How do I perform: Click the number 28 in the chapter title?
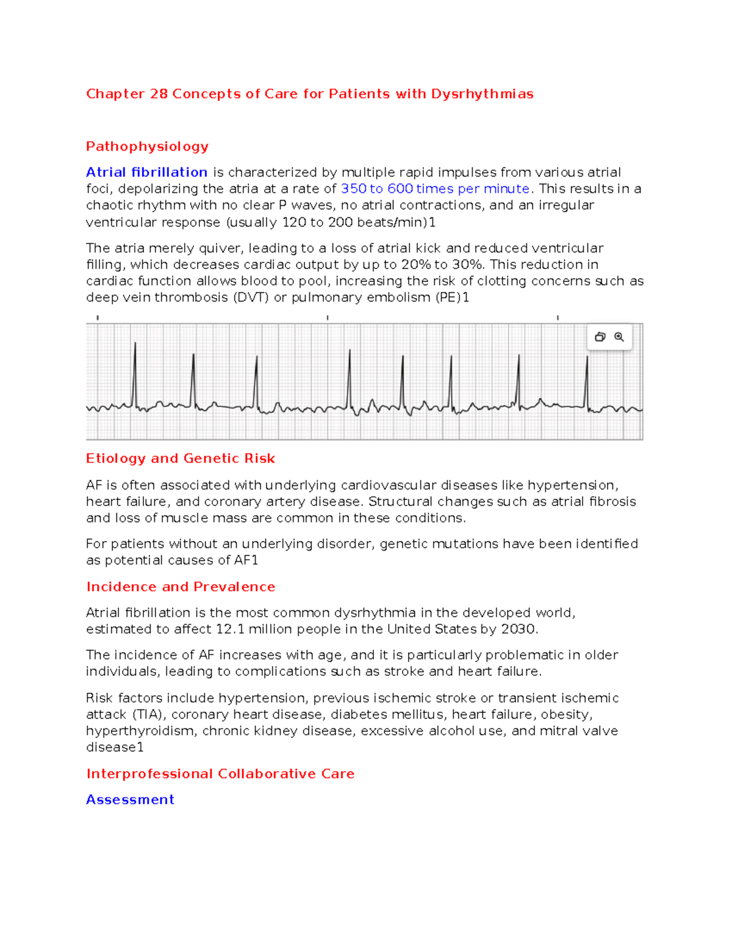tap(159, 94)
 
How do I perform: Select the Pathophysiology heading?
tap(147, 147)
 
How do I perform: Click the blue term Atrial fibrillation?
tap(146, 173)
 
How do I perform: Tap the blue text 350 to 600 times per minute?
tap(435, 189)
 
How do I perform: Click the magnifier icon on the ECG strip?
tap(619, 337)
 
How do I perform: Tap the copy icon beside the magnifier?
tap(600, 337)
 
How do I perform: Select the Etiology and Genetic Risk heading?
tap(181, 458)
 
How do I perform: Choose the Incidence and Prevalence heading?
tap(181, 587)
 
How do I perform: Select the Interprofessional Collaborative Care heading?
tap(220, 774)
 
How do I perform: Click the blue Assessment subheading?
tap(130, 800)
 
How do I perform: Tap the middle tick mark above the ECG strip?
tap(328, 318)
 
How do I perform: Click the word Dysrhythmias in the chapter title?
tap(482, 94)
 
